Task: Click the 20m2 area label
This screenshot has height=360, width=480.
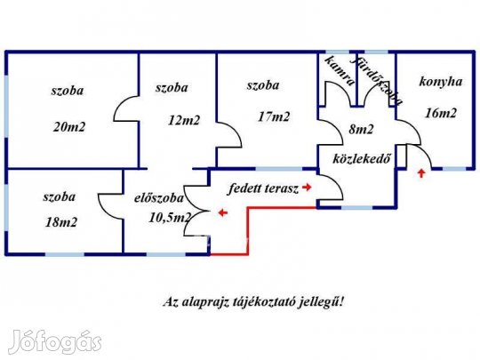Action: pos(69,127)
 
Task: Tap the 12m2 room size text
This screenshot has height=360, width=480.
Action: pos(184,120)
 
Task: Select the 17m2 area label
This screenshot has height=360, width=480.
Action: pos(274,116)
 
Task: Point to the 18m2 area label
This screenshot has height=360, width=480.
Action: pos(61,222)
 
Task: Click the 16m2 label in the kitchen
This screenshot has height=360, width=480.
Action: pos(441,113)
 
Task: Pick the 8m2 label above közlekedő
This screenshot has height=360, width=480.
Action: pos(361,130)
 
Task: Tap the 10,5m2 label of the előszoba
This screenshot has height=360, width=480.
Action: pos(170,218)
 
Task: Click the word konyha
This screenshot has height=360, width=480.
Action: pos(441,82)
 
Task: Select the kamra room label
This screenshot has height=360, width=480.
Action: pos(340,70)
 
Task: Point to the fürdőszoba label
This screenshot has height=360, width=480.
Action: pos(379,81)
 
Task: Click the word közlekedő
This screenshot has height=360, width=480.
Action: pos(362,158)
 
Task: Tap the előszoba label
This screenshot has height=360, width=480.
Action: pos(159,198)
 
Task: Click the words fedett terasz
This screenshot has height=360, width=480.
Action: pos(263,188)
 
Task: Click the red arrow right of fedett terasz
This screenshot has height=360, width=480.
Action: pos(307,187)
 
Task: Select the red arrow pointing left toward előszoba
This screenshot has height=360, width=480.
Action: pos(223,212)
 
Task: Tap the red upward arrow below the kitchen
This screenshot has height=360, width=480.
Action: pos(421,173)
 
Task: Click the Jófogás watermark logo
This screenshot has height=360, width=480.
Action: pos(55,342)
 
